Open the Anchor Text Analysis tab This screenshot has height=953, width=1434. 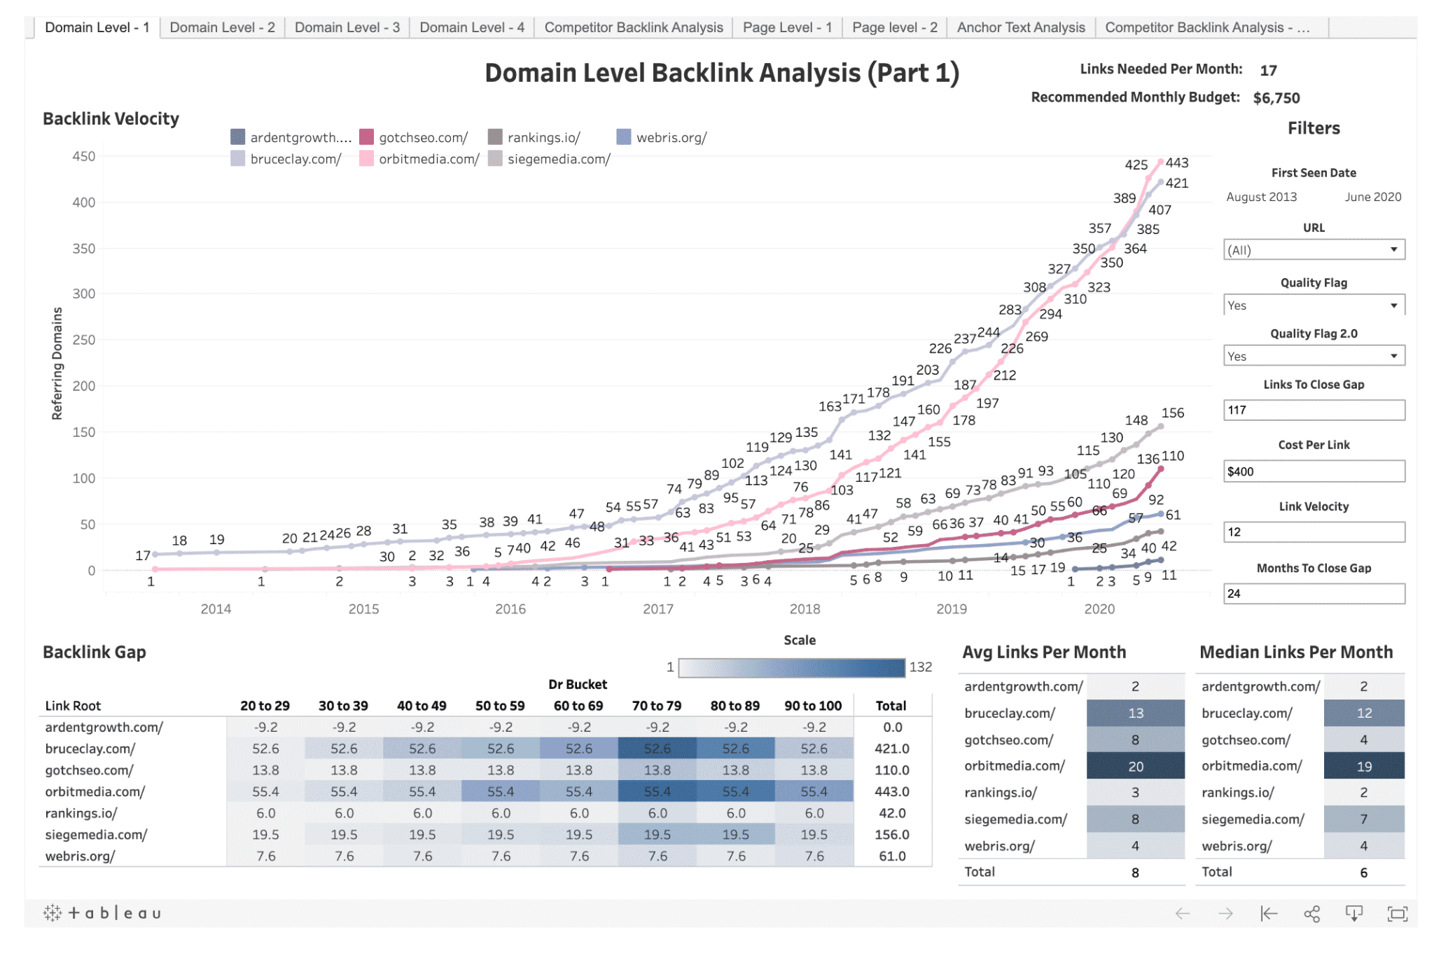point(1020,27)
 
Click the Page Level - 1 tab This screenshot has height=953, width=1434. point(787,27)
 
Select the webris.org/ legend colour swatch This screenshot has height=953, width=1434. point(623,137)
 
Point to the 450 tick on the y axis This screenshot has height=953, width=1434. point(84,156)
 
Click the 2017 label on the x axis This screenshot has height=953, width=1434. point(657,608)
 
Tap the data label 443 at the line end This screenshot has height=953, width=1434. point(1177,162)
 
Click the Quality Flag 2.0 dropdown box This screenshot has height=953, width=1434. point(1313,356)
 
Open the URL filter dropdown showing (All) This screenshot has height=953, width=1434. point(1313,250)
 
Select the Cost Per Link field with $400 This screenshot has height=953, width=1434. point(1313,471)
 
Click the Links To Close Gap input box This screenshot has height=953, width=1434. point(1313,410)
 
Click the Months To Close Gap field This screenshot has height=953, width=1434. point(1313,594)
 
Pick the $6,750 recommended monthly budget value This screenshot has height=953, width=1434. point(1276,98)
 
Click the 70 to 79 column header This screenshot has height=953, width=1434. point(657,706)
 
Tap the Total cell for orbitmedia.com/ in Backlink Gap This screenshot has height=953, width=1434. point(891,791)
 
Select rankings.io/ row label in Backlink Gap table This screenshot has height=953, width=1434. point(81,813)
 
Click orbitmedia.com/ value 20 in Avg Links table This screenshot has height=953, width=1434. point(1135,766)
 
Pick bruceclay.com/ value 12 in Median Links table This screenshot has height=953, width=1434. point(1363,713)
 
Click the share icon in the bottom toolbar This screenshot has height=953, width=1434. point(1311,914)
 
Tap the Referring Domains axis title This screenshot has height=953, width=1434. point(57,363)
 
